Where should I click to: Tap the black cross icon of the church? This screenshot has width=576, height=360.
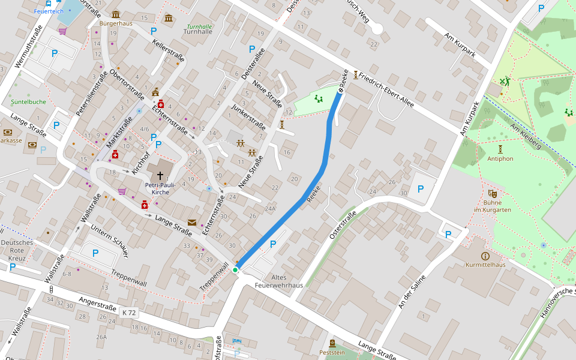[160, 173]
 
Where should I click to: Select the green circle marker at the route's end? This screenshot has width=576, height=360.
[236, 270]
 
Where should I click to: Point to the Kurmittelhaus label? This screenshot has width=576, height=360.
[485, 265]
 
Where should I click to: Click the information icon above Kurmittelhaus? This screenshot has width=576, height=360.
[485, 256]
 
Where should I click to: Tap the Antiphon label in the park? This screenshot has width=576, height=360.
[500, 158]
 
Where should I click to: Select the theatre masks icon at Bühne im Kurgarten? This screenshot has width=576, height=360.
[492, 193]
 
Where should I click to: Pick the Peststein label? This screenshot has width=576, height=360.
[332, 352]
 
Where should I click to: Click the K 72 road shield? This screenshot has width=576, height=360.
[129, 313]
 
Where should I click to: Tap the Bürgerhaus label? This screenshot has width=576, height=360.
[116, 23]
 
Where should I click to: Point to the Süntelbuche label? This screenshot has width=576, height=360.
[28, 102]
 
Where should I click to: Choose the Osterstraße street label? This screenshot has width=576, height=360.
[343, 226]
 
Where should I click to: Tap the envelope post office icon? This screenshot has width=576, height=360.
[191, 222]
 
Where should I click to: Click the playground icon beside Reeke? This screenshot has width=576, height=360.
[319, 99]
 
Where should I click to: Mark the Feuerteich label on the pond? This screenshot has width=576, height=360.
[48, 11]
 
